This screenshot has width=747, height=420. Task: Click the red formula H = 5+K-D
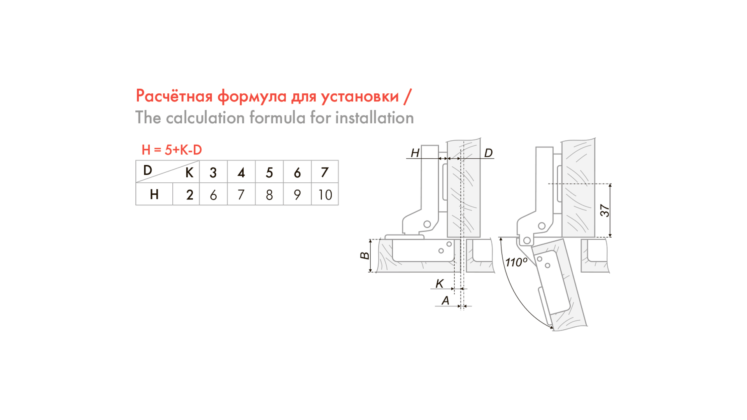point(172,150)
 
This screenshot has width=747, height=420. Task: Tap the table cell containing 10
point(325,194)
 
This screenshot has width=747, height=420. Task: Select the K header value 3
point(213,172)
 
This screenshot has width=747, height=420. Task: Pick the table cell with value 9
point(297,194)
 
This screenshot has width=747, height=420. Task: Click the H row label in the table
point(154,194)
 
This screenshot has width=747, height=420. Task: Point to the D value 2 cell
point(189,194)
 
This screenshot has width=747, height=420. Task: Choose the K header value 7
point(325,172)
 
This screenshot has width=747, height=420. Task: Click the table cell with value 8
point(269,194)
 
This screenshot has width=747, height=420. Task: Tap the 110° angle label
point(516,262)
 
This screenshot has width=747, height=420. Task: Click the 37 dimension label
point(605,210)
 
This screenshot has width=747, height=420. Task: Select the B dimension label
point(365,255)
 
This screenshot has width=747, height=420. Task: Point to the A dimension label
point(445,300)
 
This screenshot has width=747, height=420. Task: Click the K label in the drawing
point(440,283)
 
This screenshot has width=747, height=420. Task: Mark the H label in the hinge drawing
point(415,153)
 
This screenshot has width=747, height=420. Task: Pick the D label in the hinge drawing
point(488,153)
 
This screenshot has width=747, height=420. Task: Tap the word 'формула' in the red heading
point(252,96)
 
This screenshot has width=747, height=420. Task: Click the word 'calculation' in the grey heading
point(205,118)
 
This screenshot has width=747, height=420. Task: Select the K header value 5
point(269,172)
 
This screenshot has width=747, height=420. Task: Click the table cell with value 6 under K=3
point(213,194)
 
